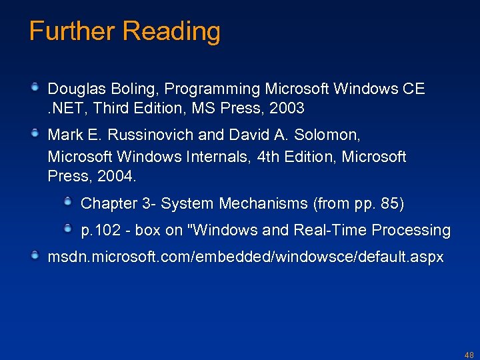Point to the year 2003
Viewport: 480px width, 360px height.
tap(283, 108)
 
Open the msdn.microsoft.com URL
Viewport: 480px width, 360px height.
tap(245, 257)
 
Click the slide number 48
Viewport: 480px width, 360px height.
tap(469, 355)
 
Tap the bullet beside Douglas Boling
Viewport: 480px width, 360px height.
tap(35, 87)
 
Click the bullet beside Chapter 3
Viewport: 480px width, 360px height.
tap(68, 201)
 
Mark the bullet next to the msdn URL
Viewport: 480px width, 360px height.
tap(35, 256)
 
